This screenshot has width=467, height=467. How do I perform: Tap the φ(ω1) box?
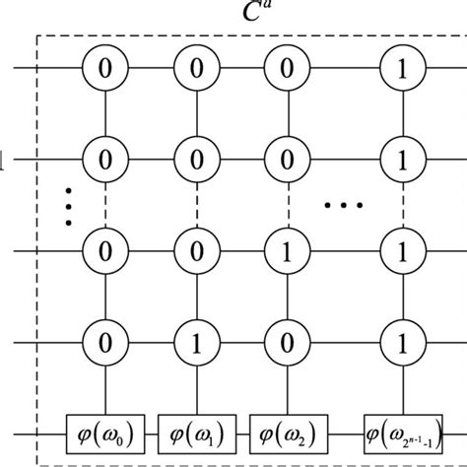point(192,433)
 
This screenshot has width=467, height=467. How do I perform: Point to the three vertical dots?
point(68,205)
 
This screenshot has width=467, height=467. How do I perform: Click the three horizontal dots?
point(344,206)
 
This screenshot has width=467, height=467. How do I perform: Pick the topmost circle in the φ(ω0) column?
point(102,68)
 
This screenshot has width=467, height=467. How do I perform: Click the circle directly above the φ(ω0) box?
point(102,343)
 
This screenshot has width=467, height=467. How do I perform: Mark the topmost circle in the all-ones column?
point(399,68)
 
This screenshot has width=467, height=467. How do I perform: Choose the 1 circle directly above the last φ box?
point(399,343)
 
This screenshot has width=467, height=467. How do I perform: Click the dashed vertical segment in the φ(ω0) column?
point(102,205)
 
